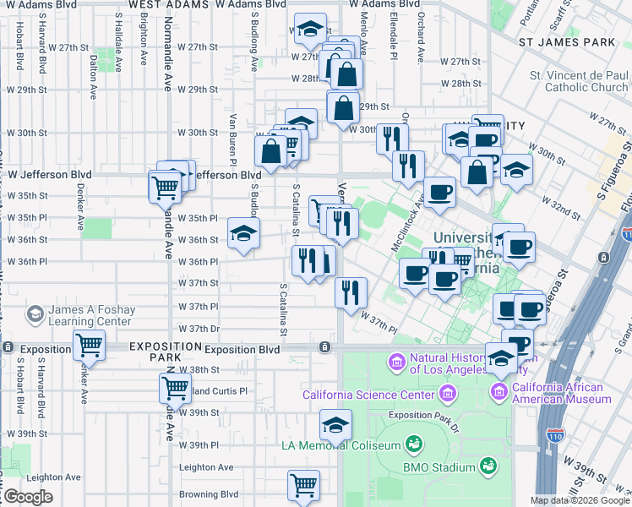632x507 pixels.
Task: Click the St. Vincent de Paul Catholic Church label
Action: (x=580, y=81)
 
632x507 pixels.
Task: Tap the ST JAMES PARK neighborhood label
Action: (x=566, y=41)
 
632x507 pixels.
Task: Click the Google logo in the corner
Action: (x=28, y=497)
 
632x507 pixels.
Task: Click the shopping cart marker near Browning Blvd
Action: (x=303, y=484)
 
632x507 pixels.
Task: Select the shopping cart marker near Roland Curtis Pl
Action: (x=175, y=388)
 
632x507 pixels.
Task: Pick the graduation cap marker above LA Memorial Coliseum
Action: (x=336, y=423)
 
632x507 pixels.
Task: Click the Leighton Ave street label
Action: (x=206, y=467)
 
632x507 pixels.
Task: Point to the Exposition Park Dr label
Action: (x=422, y=415)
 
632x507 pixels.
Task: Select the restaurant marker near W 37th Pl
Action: (x=349, y=292)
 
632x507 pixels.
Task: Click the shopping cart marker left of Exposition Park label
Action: (x=89, y=344)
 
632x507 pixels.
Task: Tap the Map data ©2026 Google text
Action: (x=579, y=500)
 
